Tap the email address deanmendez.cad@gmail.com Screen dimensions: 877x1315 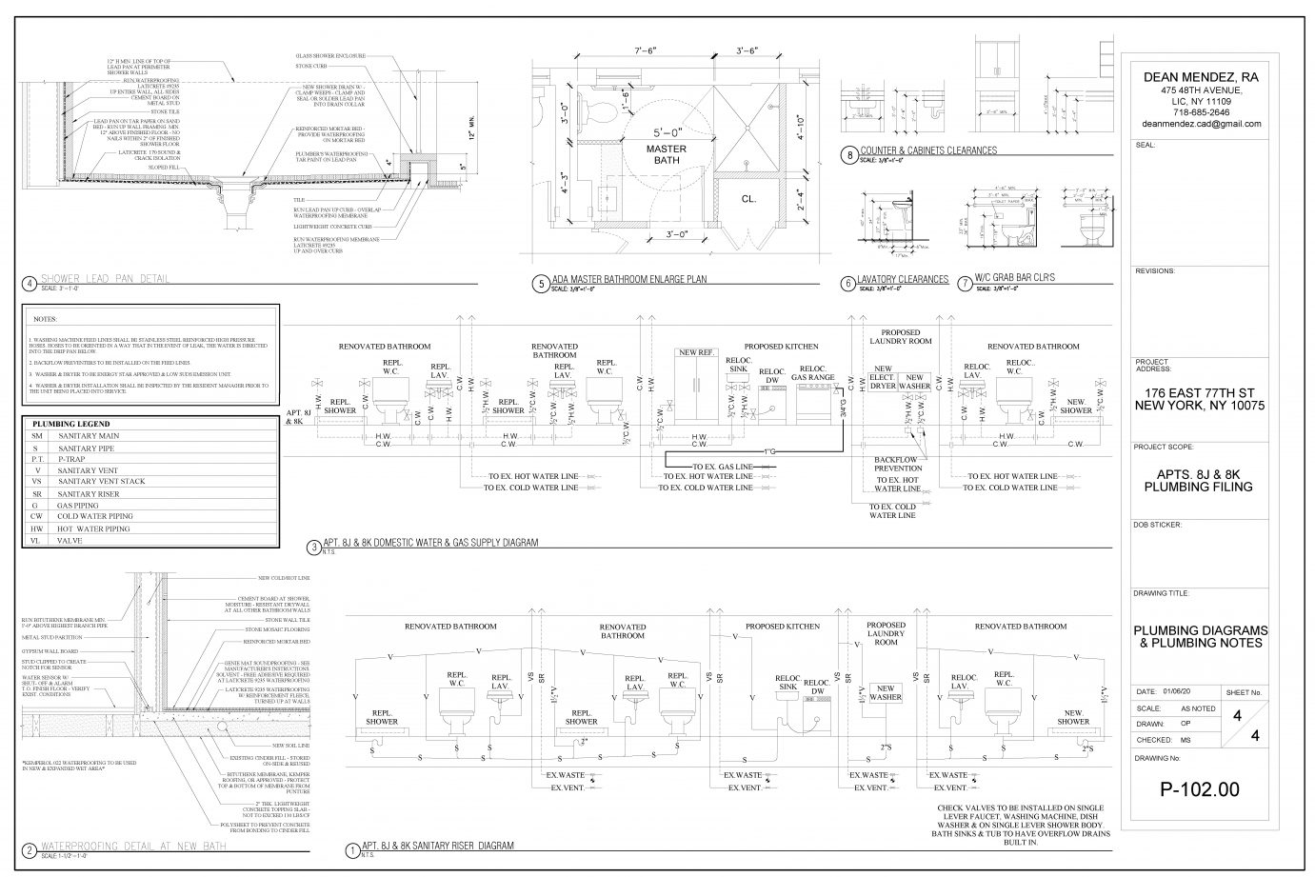pyautogui.click(x=1200, y=124)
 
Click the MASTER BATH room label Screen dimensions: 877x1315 pyautogui.click(x=646, y=155)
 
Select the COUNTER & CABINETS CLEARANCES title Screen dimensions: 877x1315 pyautogui.click(x=927, y=149)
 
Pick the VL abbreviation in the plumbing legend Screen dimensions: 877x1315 pyautogui.click(x=35, y=539)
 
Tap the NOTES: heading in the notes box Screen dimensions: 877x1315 pyautogui.click(x=45, y=319)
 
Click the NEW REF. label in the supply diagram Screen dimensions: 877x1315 pyautogui.click(x=695, y=352)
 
